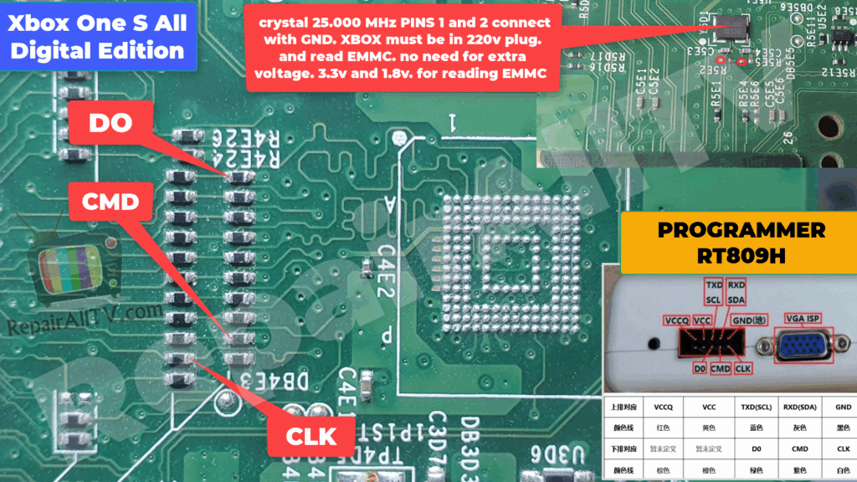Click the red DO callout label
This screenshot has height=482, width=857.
pyautogui.click(x=110, y=124)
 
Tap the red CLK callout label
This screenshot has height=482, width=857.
pyautogui.click(x=310, y=436)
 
